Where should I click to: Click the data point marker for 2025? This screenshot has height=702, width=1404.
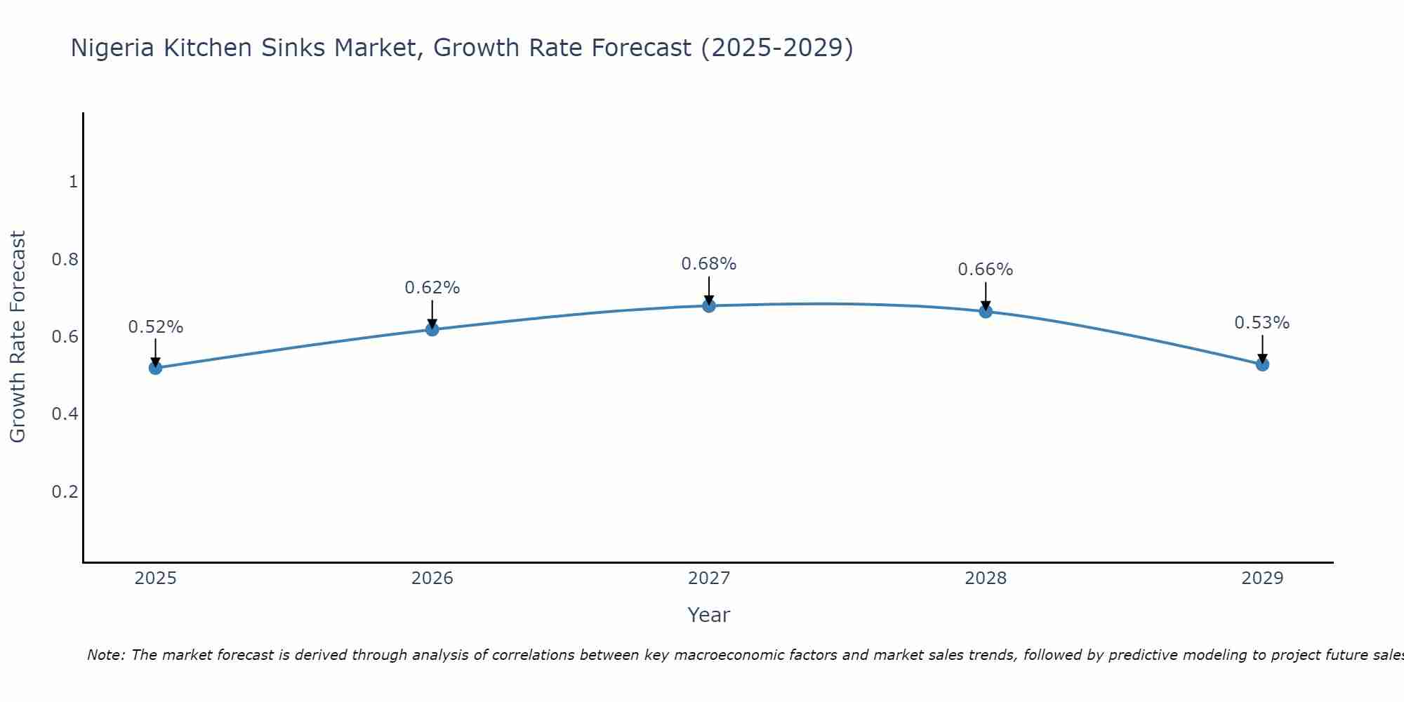coord(155,368)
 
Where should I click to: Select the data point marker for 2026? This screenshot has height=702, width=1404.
coord(432,329)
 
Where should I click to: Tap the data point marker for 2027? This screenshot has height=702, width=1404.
coord(708,305)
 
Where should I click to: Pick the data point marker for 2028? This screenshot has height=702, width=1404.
coord(985,311)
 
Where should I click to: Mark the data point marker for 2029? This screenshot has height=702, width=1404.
coord(1261,364)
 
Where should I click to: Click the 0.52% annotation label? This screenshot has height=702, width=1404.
coord(155,327)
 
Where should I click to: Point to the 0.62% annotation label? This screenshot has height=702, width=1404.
coord(432,288)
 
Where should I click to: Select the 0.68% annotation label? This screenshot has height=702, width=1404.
coord(708,264)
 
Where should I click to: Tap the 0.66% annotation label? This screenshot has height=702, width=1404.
coord(985,270)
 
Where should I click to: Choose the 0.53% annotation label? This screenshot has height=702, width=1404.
coord(1261,323)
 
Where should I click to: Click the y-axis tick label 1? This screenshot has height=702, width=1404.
coord(73,182)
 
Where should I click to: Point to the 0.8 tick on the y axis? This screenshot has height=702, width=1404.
coord(65,260)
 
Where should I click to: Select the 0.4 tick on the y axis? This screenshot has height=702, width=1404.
coord(65,414)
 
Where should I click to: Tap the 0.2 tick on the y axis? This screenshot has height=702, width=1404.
coord(65,491)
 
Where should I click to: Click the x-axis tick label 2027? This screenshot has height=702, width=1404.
coord(708,578)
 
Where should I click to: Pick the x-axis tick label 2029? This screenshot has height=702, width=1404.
coord(1261,578)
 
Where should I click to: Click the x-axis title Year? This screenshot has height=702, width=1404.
coord(708,615)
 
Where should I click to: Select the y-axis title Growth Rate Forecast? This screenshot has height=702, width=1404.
coord(18,337)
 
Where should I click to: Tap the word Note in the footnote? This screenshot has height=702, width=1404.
coord(105,655)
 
